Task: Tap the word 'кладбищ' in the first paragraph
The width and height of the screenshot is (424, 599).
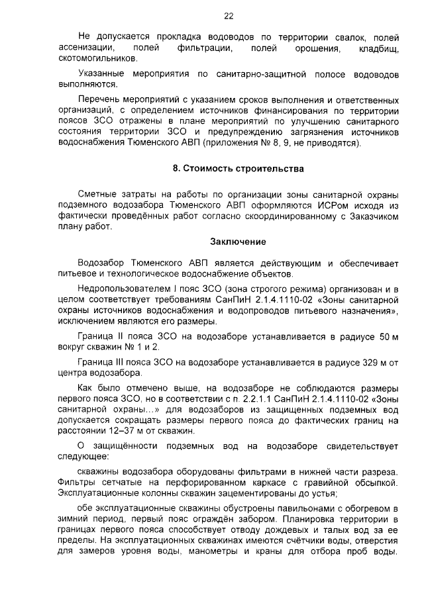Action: [378, 49]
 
